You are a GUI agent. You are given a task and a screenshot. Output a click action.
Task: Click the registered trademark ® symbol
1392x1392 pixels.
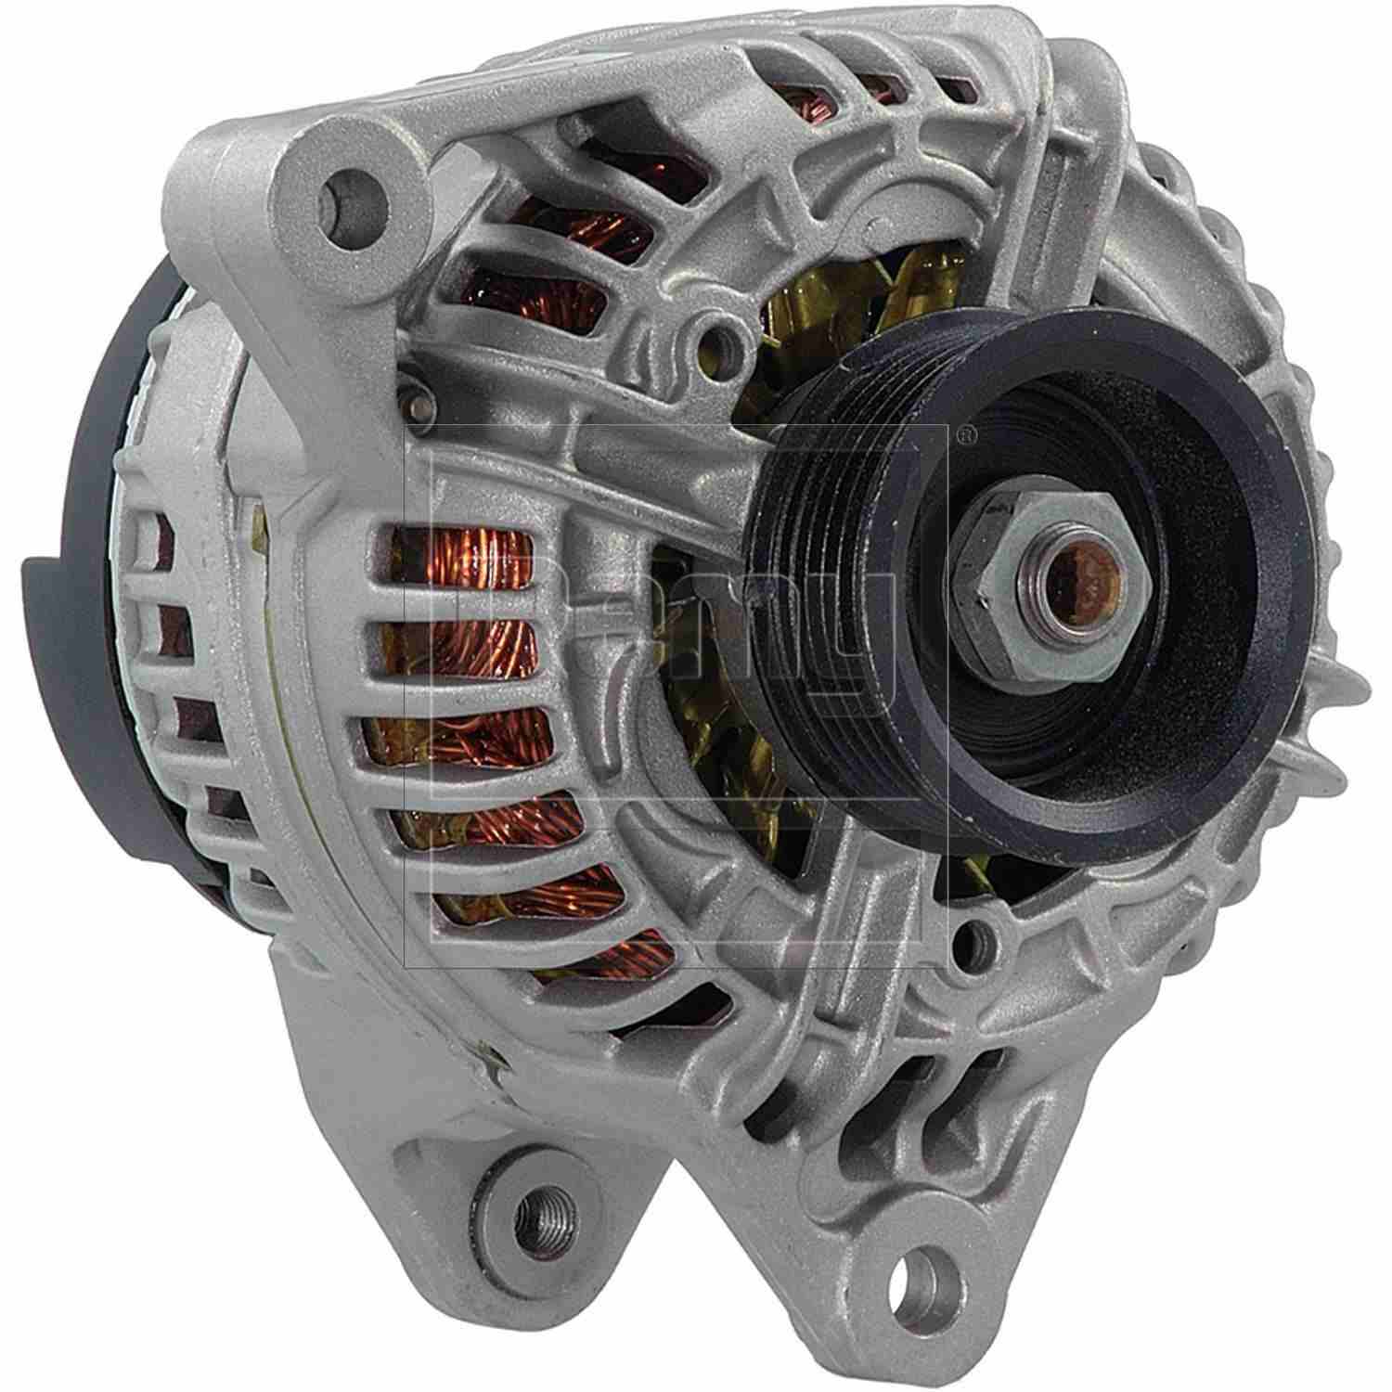pyautogui.click(x=966, y=432)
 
